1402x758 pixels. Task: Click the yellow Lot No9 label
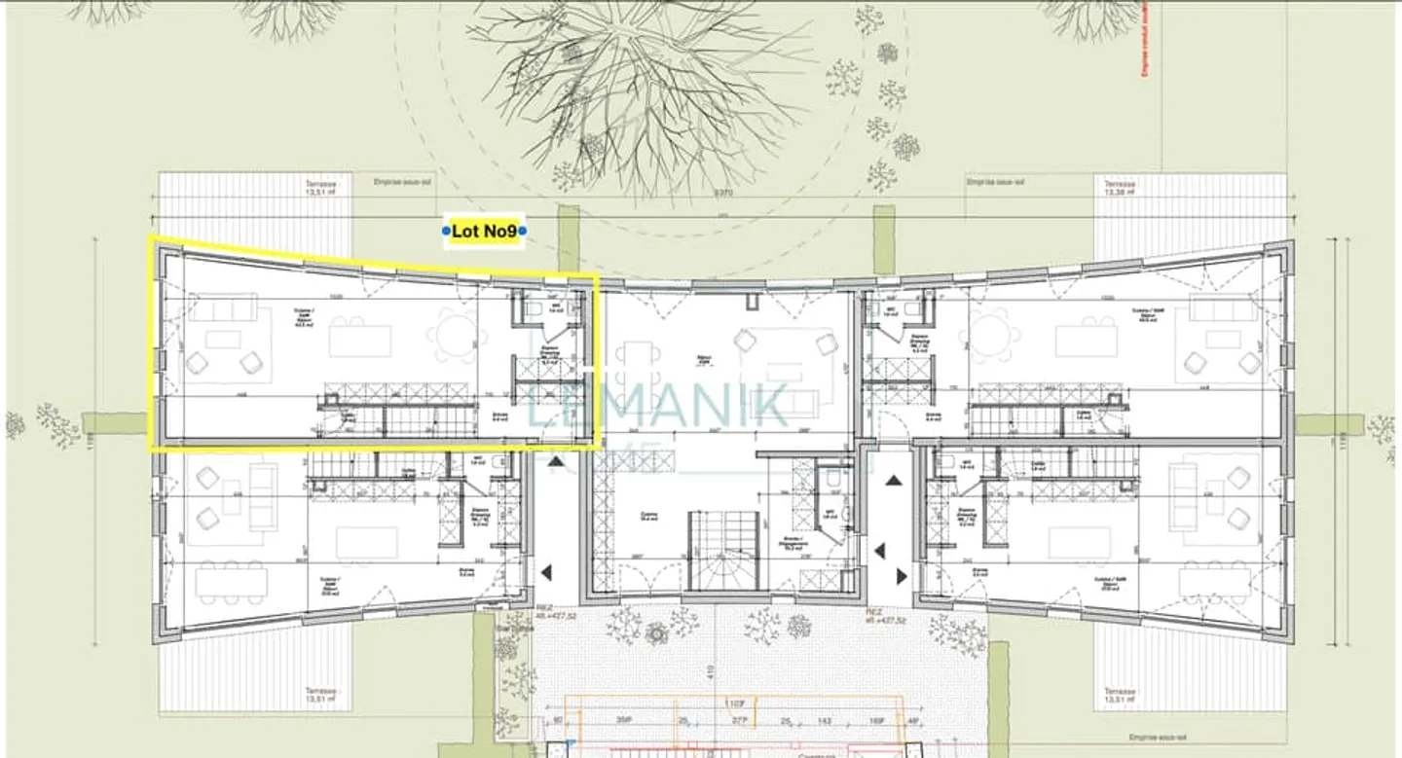[x=484, y=231]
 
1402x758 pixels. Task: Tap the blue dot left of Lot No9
[x=447, y=231]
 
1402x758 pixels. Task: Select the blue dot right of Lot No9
[x=522, y=231]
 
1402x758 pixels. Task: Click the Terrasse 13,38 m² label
[x=1120, y=188]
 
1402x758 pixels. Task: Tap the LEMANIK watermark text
[x=658, y=406]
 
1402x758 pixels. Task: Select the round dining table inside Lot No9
[x=455, y=333]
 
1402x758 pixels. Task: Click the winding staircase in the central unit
[x=722, y=551]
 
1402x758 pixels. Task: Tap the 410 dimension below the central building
[x=712, y=670]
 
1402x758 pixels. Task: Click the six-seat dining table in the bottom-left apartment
[x=232, y=582]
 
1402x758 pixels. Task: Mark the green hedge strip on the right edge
[x=1328, y=424]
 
